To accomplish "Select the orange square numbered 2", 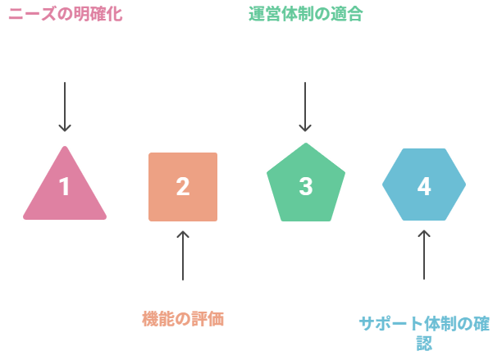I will (183, 187).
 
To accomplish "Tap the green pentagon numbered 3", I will (306, 185).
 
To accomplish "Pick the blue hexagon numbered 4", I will (424, 185).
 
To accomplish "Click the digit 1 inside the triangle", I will (65, 187).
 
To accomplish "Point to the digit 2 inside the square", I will (183, 187).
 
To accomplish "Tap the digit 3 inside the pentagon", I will (306, 186).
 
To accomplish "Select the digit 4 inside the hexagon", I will (424, 186).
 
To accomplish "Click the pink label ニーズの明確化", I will (65, 14).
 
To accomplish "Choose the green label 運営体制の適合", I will (306, 14).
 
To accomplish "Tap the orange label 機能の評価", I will (183, 319).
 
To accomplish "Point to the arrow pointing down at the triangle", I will (65, 107).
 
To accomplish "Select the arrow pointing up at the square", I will (183, 255).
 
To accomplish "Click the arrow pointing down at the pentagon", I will (306, 107).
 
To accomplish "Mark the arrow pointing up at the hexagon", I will (424, 254).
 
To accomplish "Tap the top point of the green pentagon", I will (306, 144).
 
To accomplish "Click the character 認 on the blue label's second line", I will (424, 343).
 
